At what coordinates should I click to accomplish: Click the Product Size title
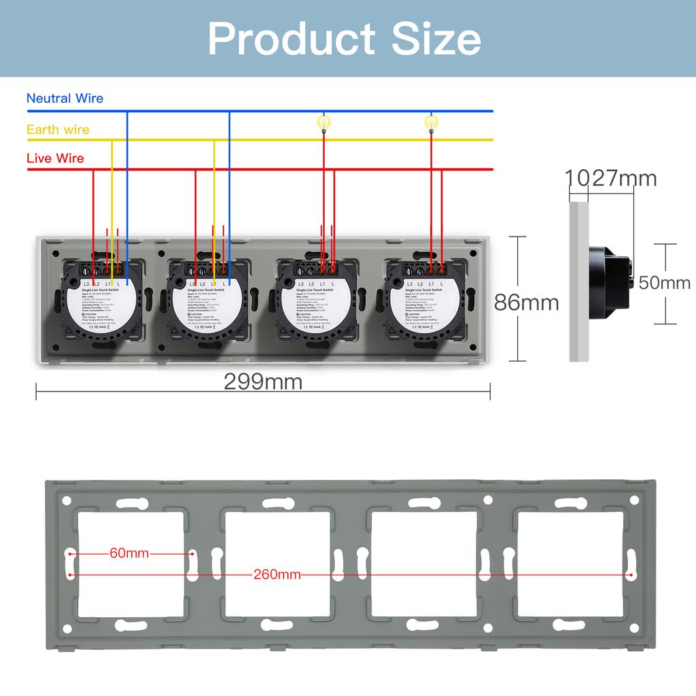345,39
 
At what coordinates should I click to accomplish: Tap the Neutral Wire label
65,99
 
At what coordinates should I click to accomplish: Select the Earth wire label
58,130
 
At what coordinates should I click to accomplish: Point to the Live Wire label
55,158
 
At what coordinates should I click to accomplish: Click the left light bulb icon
324,122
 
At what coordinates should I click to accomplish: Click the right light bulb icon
430,122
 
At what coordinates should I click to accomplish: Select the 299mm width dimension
263,382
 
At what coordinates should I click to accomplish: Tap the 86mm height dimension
526,302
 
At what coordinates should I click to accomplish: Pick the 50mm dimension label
664,283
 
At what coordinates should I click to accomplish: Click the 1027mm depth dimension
611,179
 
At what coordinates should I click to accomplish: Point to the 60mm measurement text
129,553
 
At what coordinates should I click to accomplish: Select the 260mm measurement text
277,575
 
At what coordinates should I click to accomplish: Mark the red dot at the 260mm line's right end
631,575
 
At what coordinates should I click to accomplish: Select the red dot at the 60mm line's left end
71,554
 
